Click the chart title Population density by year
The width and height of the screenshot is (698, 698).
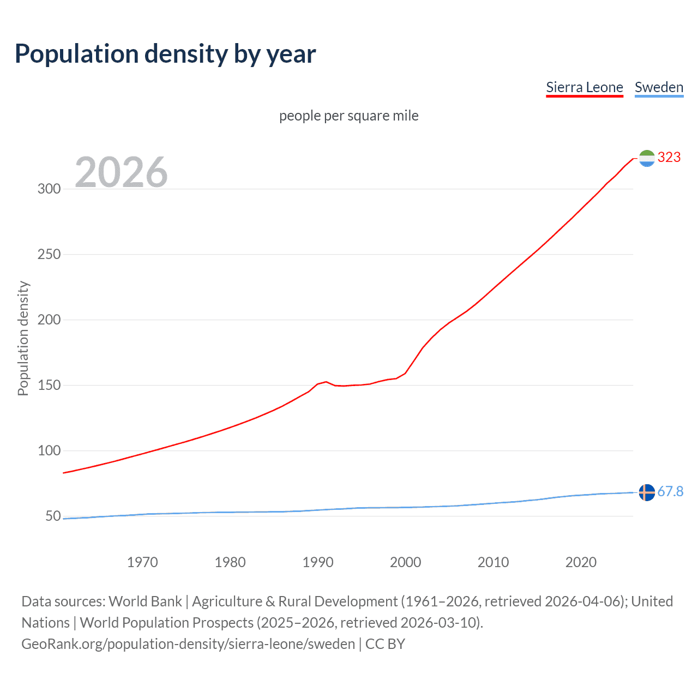pyautogui.click(x=165, y=54)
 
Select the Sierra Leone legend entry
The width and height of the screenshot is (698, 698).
pyautogui.click(x=584, y=88)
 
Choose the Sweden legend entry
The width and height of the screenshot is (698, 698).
pyautogui.click(x=659, y=88)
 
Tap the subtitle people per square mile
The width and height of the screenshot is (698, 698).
pyautogui.click(x=349, y=116)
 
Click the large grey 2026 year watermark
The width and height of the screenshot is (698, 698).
pyautogui.click(x=121, y=172)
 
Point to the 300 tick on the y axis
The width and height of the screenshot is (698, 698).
pyautogui.click(x=49, y=189)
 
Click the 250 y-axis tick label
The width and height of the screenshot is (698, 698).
pyautogui.click(x=49, y=255)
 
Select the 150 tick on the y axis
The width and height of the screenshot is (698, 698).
pyautogui.click(x=49, y=386)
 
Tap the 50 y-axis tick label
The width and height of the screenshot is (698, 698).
pyautogui.click(x=53, y=516)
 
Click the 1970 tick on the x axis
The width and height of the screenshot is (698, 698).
pyautogui.click(x=142, y=562)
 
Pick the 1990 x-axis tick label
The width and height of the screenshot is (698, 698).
pyautogui.click(x=318, y=562)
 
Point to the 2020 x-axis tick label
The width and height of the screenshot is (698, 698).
pyautogui.click(x=581, y=562)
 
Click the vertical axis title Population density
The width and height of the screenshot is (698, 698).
pyautogui.click(x=23, y=338)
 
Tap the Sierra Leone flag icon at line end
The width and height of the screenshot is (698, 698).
pyautogui.click(x=647, y=158)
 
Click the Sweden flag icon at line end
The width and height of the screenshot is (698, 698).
pyautogui.click(x=647, y=492)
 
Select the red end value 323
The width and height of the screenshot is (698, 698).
pyautogui.click(x=669, y=158)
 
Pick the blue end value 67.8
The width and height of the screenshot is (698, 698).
pyautogui.click(x=670, y=492)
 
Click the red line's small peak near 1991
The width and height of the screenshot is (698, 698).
pyautogui.click(x=326, y=382)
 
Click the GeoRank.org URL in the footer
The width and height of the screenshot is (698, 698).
pyautogui.click(x=188, y=644)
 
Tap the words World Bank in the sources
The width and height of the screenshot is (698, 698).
pyautogui.click(x=145, y=601)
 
